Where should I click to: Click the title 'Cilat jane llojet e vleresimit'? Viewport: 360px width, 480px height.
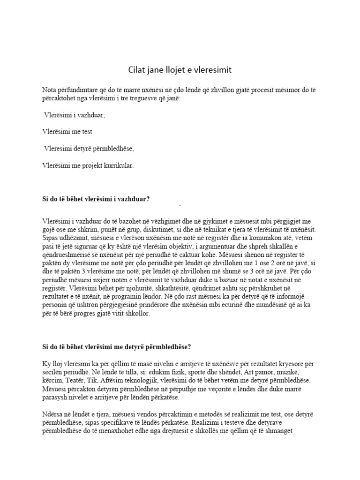click(180, 70)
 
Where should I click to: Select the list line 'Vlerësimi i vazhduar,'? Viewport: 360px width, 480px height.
click(75, 115)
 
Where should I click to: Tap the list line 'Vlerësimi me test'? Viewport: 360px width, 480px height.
click(70, 132)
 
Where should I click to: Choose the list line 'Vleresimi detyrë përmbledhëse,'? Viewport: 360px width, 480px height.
click(89, 149)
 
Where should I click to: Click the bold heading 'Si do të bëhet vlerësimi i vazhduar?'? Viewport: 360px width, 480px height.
click(96, 199)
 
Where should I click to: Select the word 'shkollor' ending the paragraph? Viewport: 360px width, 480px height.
click(136, 314)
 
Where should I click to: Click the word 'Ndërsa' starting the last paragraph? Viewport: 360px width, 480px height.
click(52, 414)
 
